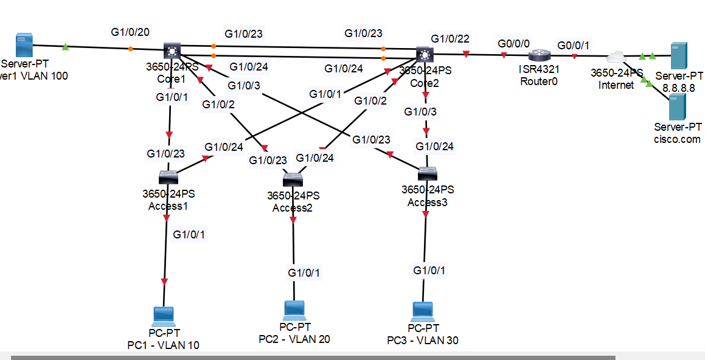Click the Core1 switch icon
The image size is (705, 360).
(x=173, y=52)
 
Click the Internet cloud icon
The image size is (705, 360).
(x=617, y=57)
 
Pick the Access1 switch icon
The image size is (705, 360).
(x=168, y=177)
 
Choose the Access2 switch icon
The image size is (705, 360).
(x=293, y=179)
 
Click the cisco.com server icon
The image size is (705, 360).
(x=678, y=107)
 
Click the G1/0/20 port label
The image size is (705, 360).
(x=130, y=32)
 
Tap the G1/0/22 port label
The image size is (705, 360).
(x=450, y=39)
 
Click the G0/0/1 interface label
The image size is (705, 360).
(x=573, y=45)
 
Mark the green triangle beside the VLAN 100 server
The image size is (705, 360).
(x=65, y=46)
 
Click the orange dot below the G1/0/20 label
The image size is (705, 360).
(x=130, y=49)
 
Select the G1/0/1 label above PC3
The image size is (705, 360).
(x=429, y=270)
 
